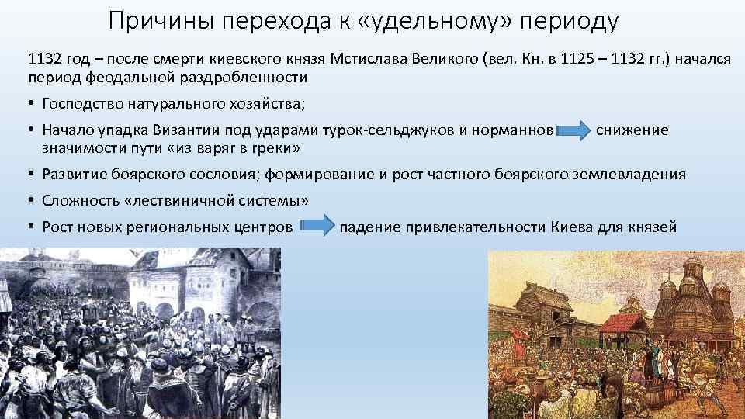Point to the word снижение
pyautogui.click(x=632, y=130)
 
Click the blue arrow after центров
pyautogui.click(x=316, y=227)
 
